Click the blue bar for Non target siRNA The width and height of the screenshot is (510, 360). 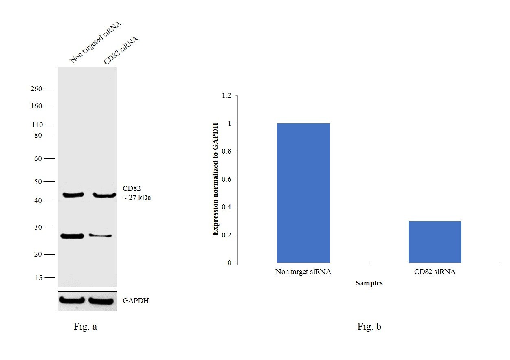[x=303, y=193]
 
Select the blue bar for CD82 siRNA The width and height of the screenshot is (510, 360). [x=435, y=242]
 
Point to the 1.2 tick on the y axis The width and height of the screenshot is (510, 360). [x=226, y=96]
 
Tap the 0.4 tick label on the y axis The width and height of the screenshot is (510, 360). [x=226, y=207]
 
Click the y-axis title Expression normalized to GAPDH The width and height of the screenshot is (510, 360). [x=215, y=179]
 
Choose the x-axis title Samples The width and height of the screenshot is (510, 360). [x=369, y=283]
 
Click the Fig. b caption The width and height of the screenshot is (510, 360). [x=369, y=327]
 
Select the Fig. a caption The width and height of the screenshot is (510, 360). [x=85, y=327]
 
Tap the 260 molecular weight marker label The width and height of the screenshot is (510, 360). [x=36, y=89]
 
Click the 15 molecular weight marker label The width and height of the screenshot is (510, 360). [x=38, y=278]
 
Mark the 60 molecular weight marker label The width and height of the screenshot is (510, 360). [x=38, y=159]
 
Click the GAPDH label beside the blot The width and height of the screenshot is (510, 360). [x=136, y=301]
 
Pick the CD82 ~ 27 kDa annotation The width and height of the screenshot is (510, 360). [x=136, y=193]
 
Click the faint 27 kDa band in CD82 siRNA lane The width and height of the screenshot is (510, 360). [x=101, y=236]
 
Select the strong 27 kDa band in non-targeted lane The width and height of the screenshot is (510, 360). [x=72, y=236]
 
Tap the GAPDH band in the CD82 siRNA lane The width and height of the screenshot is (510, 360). [x=101, y=301]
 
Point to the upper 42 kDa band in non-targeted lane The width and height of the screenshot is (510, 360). [x=72, y=195]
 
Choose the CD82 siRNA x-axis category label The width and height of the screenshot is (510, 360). [x=435, y=272]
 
